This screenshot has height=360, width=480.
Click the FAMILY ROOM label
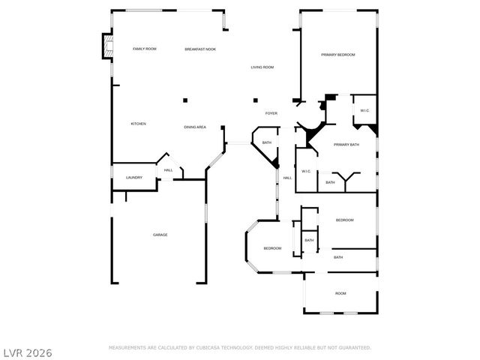(x=144, y=49)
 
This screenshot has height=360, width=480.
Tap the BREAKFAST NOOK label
(x=200, y=49)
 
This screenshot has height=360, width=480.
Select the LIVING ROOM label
(x=262, y=67)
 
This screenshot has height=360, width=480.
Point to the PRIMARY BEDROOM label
(x=337, y=55)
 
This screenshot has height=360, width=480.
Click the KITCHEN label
(x=138, y=124)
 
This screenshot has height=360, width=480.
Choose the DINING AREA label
(x=195, y=127)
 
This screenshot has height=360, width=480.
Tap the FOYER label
(x=271, y=113)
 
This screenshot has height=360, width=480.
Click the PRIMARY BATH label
(x=346, y=145)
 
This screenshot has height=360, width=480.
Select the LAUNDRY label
(x=134, y=178)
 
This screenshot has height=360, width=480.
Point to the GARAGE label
(x=160, y=235)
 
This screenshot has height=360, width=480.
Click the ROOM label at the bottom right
(x=340, y=293)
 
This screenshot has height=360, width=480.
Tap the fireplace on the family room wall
(x=107, y=47)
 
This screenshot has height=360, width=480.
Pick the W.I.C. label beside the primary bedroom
(x=364, y=111)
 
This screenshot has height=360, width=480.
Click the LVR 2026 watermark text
(x=27, y=351)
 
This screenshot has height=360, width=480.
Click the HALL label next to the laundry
(x=169, y=170)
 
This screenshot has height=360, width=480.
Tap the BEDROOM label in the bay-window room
(x=271, y=248)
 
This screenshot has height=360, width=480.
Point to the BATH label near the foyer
(x=266, y=142)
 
